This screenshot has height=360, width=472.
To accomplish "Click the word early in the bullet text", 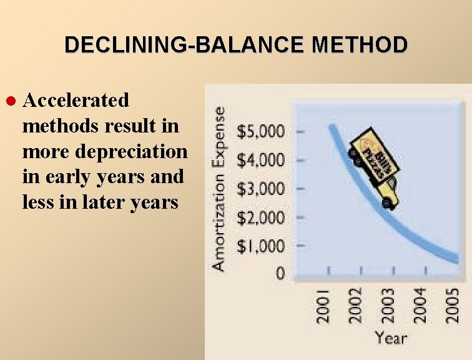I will [x=64, y=177].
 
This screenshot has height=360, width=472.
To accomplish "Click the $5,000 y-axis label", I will [x=260, y=132].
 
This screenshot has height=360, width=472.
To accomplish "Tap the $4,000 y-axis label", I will [x=260, y=161].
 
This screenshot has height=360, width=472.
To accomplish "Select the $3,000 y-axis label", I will [x=260, y=189].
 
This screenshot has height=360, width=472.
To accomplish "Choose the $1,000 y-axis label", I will [x=260, y=246].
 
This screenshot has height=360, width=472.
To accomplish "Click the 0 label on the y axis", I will [x=280, y=273].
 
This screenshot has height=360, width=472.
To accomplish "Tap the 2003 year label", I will [x=388, y=304].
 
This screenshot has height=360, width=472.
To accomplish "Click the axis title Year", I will [x=390, y=339].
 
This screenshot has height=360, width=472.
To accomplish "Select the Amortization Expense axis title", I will [x=219, y=187].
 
